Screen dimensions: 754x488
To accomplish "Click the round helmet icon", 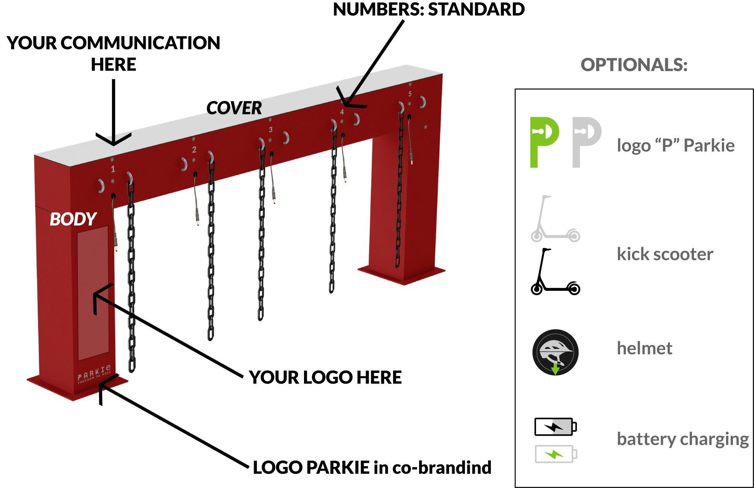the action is click(x=555, y=352).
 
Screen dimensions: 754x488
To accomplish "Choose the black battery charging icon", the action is click(x=556, y=427).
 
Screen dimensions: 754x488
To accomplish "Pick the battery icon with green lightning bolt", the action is click(x=556, y=454).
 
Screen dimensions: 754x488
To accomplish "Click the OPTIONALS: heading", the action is click(x=634, y=65).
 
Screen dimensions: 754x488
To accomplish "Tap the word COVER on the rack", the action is click(x=234, y=108).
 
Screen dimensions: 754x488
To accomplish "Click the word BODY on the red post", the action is click(x=73, y=219).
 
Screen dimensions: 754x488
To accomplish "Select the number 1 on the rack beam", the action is click(x=113, y=169).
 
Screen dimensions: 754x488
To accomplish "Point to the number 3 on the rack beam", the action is click(x=271, y=129).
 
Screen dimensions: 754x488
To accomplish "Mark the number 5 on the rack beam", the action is click(x=410, y=94).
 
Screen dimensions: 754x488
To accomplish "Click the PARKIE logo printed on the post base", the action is click(x=94, y=373).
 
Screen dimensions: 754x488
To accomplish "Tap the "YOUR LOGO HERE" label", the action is click(x=325, y=378).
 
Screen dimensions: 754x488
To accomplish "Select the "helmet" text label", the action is click(x=644, y=348).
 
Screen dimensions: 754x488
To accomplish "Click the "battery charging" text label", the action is click(x=683, y=439).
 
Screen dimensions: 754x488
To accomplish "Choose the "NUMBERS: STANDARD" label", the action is click(x=429, y=9).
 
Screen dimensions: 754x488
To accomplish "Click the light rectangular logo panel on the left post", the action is click(x=93, y=293).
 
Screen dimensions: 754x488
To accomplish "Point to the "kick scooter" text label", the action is click(x=665, y=254).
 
